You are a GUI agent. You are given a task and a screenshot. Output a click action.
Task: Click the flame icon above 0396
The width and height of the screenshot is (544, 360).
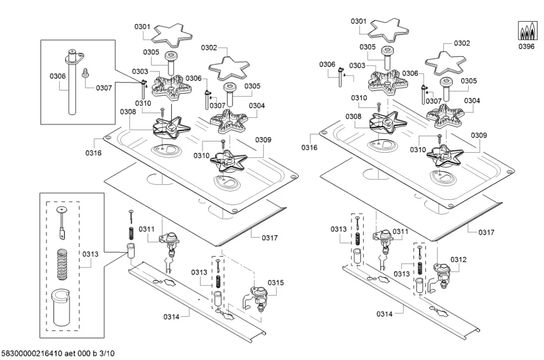click(526, 31)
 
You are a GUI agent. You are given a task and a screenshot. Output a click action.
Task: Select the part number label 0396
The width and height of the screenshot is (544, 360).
click(526, 47)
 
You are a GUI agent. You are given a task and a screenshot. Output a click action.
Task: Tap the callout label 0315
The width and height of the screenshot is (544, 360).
click(275, 282)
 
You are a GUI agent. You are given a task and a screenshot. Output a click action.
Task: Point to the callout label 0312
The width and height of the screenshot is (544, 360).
click(459, 259)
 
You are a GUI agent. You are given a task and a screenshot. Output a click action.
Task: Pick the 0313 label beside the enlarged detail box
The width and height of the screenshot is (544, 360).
click(90, 254)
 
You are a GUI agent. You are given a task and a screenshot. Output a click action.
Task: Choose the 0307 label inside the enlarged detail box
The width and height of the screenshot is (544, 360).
click(104, 88)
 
